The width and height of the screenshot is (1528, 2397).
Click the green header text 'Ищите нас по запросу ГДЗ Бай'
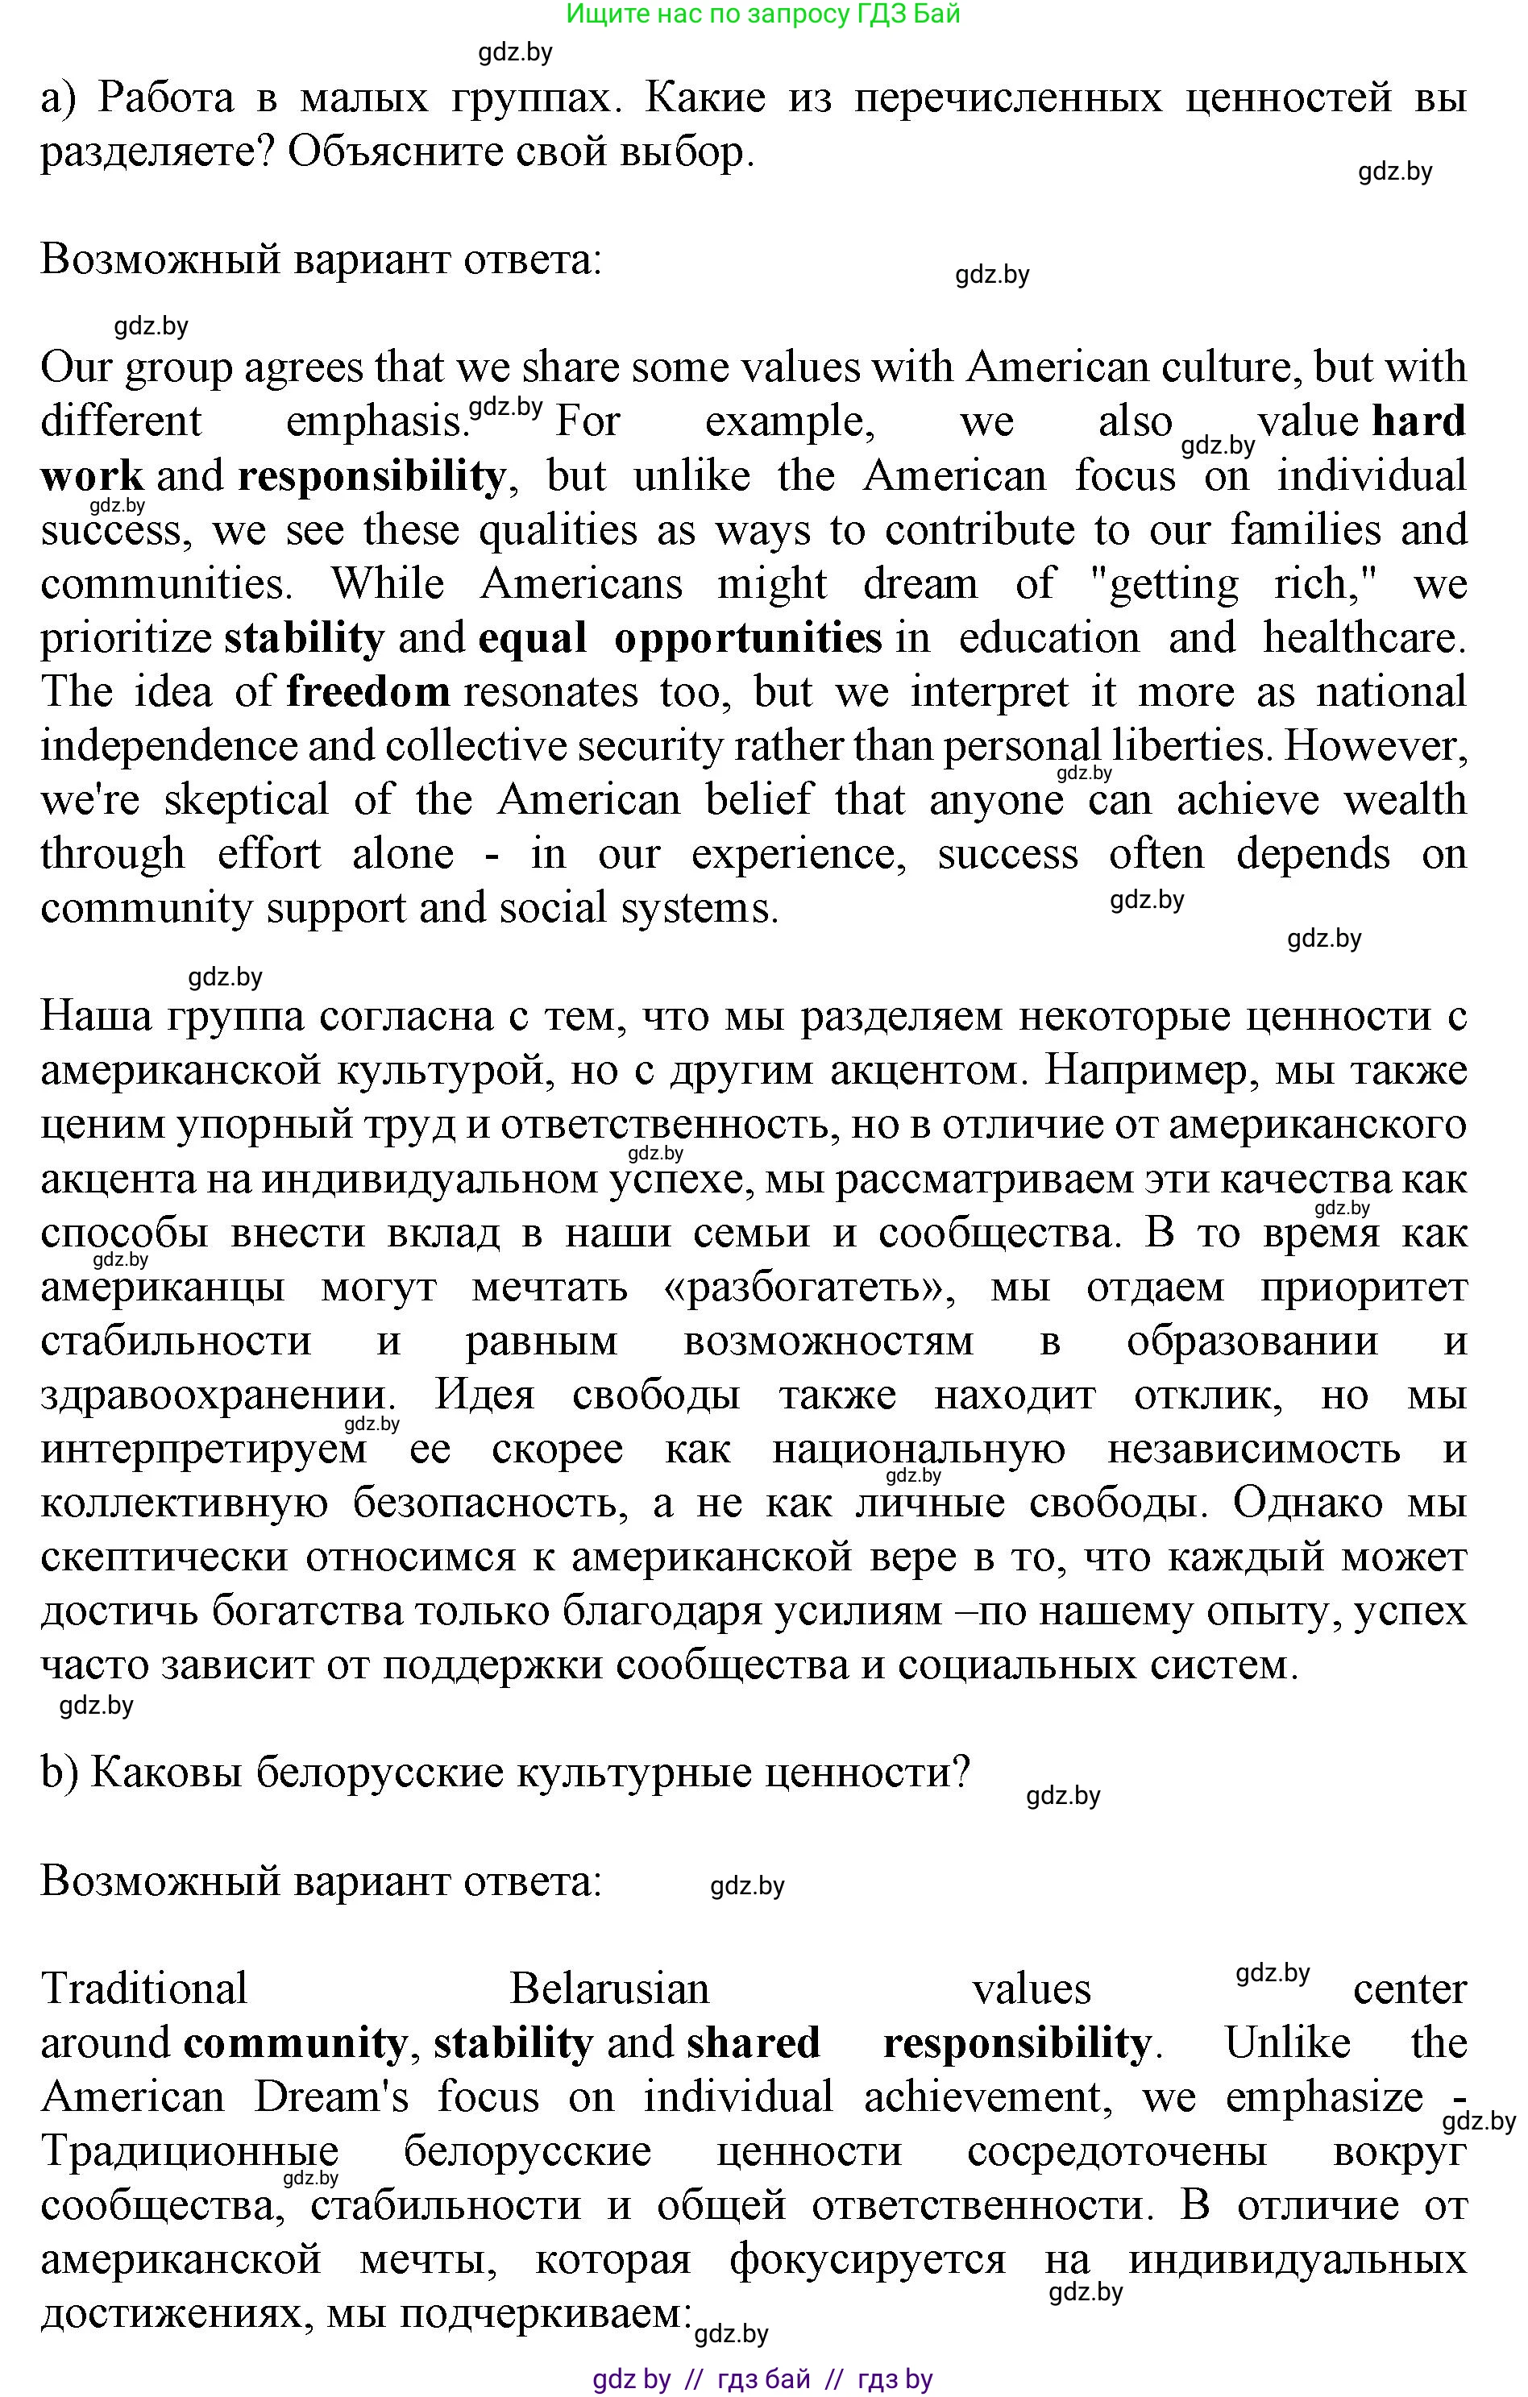click(762, 14)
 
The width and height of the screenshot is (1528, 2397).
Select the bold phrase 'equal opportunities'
click(680, 637)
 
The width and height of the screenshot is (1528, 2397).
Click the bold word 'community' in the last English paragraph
click(295, 2042)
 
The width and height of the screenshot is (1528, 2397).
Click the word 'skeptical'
click(246, 799)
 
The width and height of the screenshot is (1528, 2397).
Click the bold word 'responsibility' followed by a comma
click(370, 476)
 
